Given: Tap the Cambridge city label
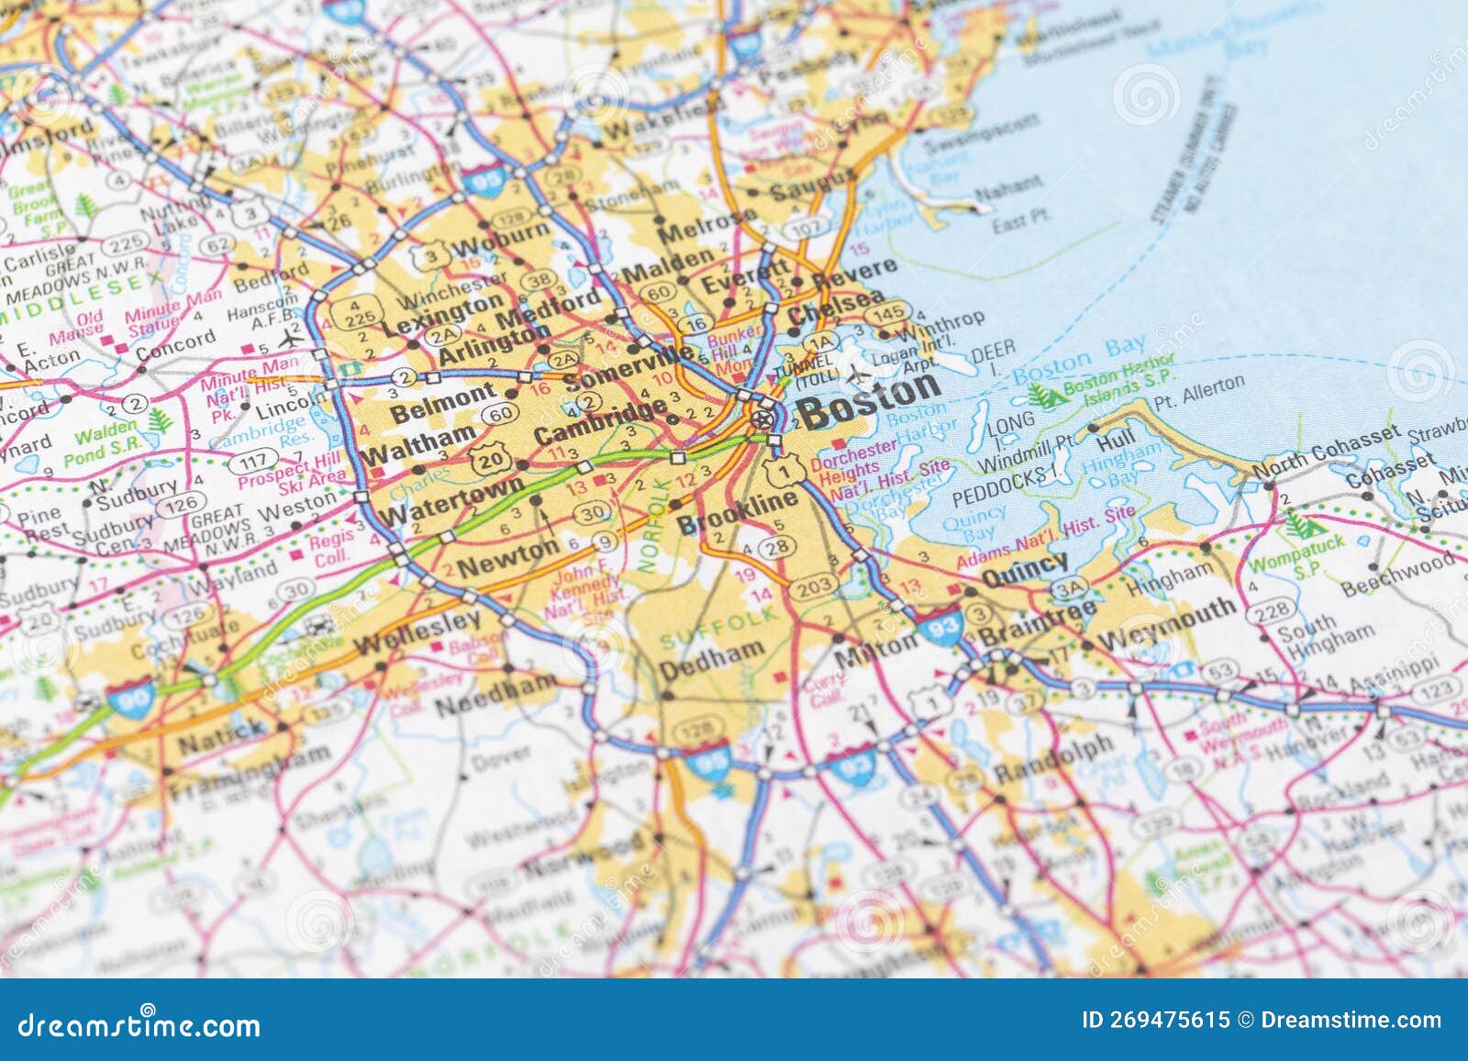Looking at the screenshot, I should [x=600, y=422].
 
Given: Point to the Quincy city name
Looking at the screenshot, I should [x=1024, y=570].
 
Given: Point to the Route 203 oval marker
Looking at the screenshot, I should [x=812, y=585].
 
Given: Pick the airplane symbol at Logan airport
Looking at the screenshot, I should [x=858, y=374].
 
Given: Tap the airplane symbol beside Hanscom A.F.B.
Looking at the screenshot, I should [x=292, y=337].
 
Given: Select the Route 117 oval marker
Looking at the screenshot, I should [x=254, y=459].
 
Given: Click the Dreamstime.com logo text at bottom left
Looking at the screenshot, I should [x=139, y=1024].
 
